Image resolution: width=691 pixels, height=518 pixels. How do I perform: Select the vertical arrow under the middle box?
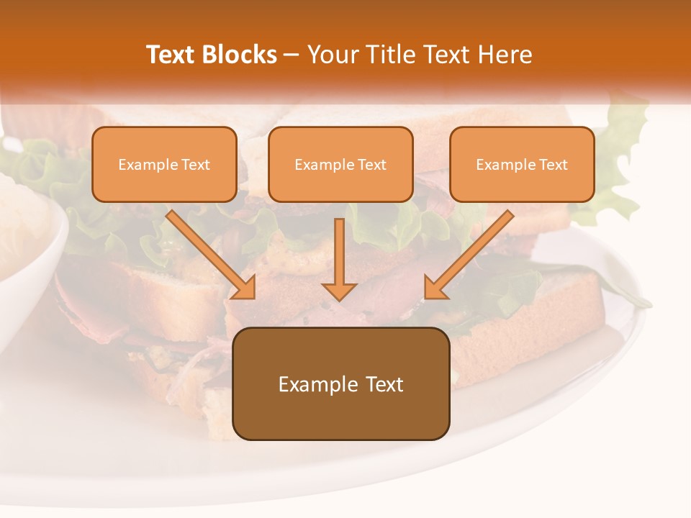(339, 255)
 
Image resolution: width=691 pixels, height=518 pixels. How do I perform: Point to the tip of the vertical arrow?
(339, 298)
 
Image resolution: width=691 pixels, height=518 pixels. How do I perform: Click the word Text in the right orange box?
(553, 165)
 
